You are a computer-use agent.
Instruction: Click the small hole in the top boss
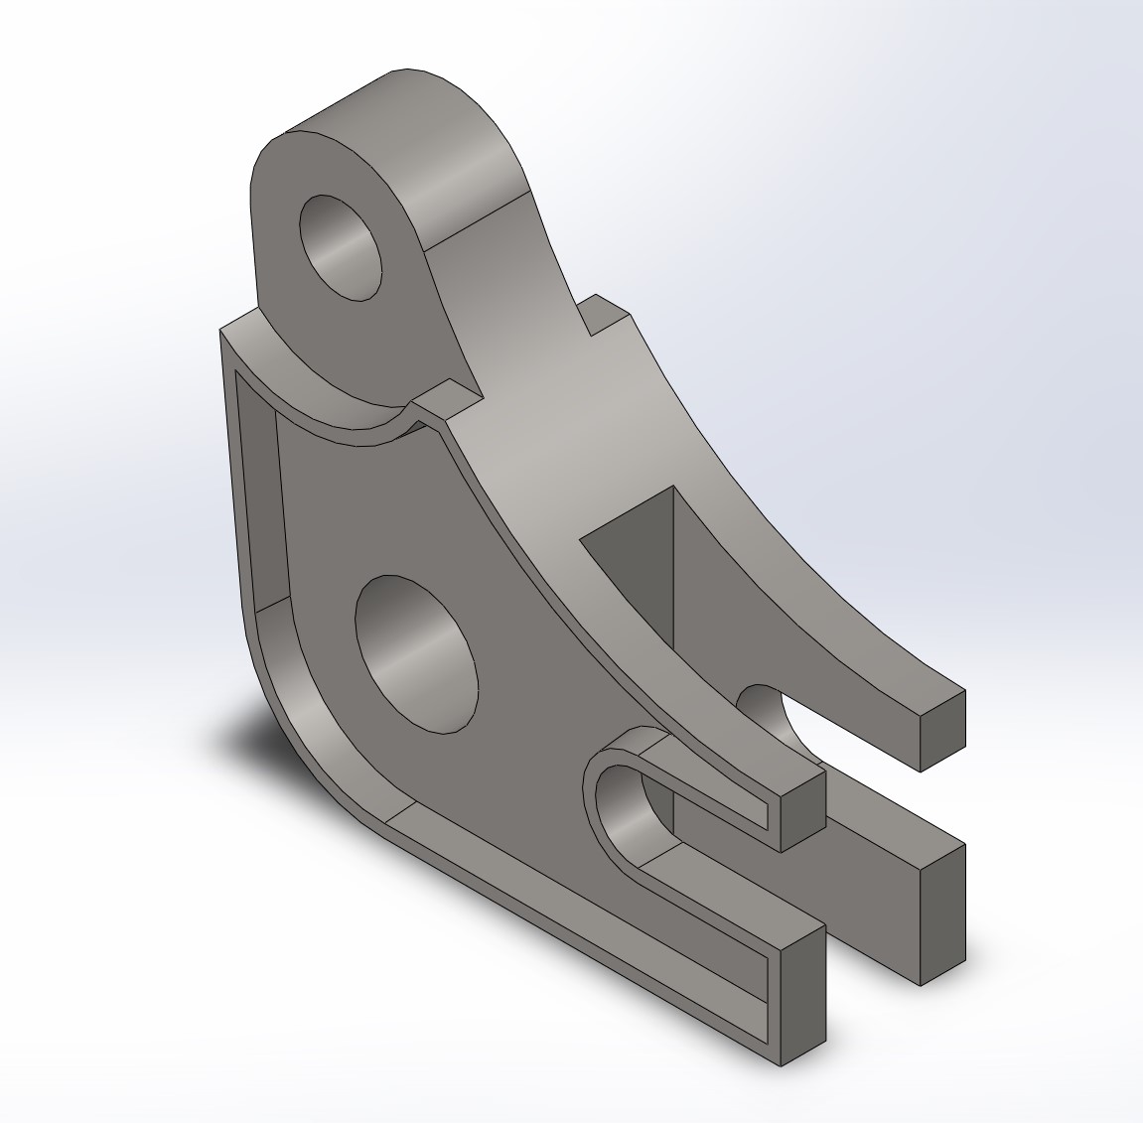pos(341,247)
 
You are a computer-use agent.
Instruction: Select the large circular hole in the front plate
pos(416,653)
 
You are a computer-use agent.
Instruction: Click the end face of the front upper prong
pos(802,809)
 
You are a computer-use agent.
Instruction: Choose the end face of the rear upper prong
pos(942,731)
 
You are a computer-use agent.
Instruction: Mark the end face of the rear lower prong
pos(942,913)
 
